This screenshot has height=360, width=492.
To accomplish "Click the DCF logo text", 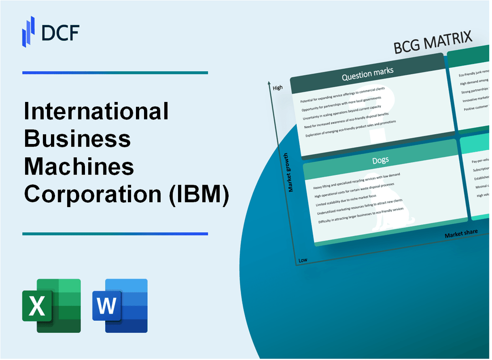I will pos(61,32).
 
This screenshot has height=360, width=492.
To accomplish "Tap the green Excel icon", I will pos(51,305).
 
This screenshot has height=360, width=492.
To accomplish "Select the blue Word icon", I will pos(120,305).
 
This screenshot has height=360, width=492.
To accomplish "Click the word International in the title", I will pos(97,111).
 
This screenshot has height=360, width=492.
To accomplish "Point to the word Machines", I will pos(79,167).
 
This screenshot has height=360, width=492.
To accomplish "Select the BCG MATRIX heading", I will pos(433,43).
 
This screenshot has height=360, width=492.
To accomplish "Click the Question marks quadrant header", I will pos(367,75).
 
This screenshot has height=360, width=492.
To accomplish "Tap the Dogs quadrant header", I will pos(380,160).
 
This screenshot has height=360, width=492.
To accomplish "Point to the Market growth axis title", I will pos(291,172).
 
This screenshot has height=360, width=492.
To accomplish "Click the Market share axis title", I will pos(461,233).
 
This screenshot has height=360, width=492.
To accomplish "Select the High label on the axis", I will pos(277,88).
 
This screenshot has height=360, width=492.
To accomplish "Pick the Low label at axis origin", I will pos(303,260).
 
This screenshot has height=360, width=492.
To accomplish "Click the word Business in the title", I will pos(77,139).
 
